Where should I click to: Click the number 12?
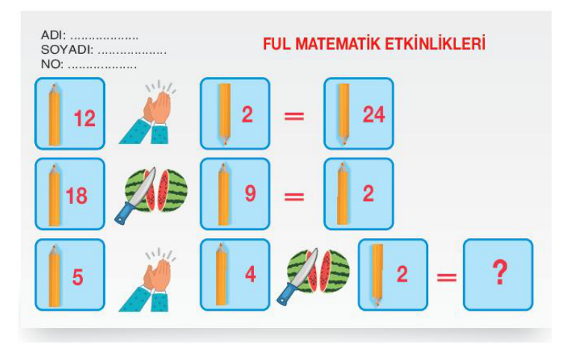pos(84,119)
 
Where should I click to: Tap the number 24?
pos(374,114)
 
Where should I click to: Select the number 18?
pos(76,196)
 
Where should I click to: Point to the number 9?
pos(250,193)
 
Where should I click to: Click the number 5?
pos(78,277)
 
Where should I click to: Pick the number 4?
pos(250,274)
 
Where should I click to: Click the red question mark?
pos(500,273)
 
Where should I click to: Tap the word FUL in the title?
pos(276,44)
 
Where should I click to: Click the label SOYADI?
pos(67,50)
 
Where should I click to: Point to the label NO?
pos(52,64)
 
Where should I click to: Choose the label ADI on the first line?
pos(53,35)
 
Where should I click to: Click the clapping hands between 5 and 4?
pos(148,280)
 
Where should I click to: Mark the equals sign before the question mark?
pos(447,277)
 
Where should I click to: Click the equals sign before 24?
pos(294,117)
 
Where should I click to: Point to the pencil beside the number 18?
pos(55,196)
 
